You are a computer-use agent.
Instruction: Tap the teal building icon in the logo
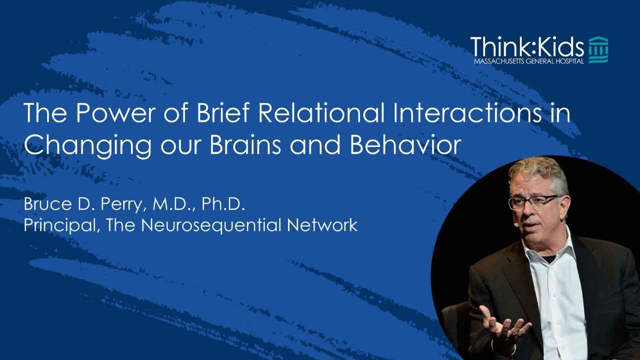click(x=598, y=49)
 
